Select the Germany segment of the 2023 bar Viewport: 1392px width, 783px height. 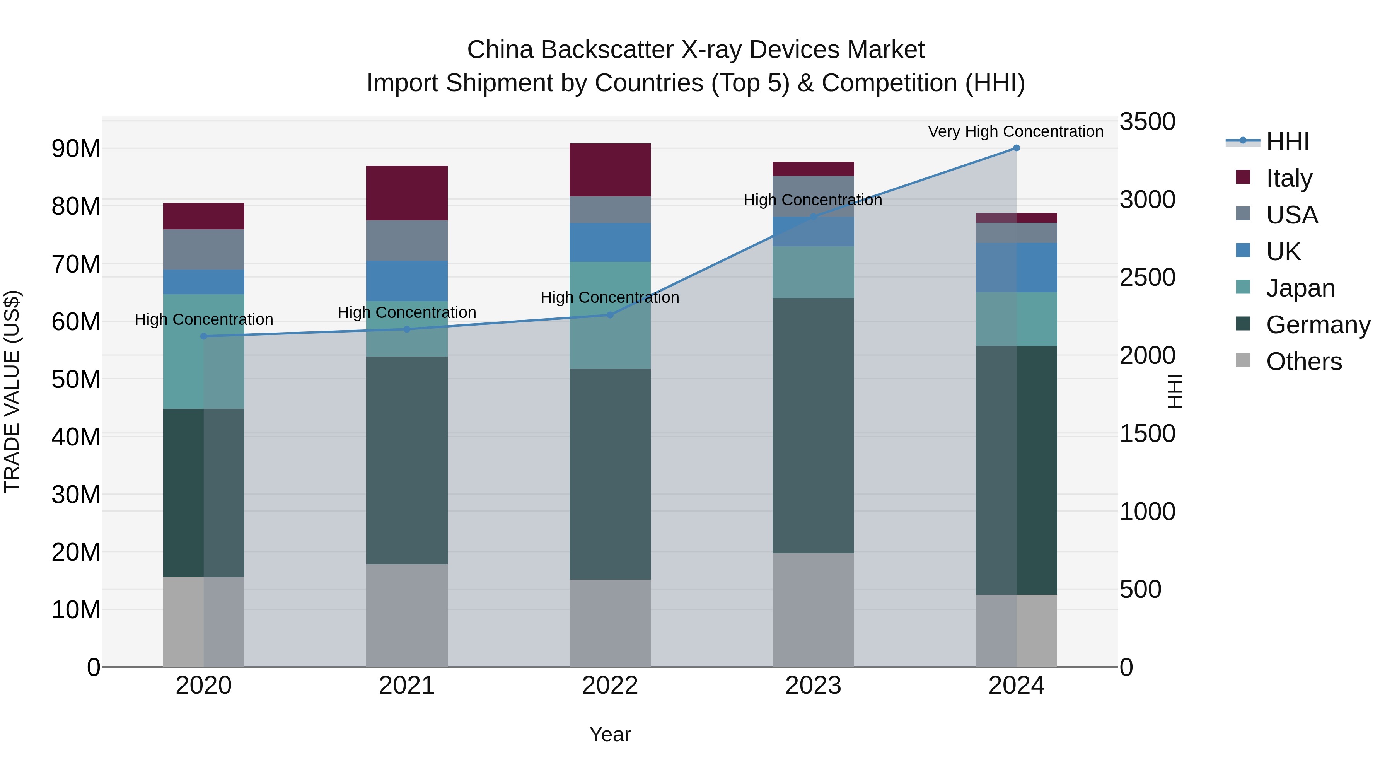[813, 425]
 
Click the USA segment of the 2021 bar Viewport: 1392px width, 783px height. [406, 241]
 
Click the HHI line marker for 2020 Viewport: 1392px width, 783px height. [204, 336]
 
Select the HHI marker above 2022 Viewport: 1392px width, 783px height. [610, 315]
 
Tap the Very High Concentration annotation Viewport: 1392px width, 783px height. [1015, 131]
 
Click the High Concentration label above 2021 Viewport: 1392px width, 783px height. [406, 312]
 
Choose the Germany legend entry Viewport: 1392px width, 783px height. [1317, 325]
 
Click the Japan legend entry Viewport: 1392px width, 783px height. [1300, 288]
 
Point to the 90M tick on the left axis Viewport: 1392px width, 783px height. [76, 148]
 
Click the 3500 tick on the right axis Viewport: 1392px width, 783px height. [1147, 121]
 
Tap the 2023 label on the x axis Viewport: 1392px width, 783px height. [813, 686]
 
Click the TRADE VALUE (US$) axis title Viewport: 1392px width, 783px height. [12, 391]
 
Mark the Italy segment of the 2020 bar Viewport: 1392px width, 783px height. [204, 216]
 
